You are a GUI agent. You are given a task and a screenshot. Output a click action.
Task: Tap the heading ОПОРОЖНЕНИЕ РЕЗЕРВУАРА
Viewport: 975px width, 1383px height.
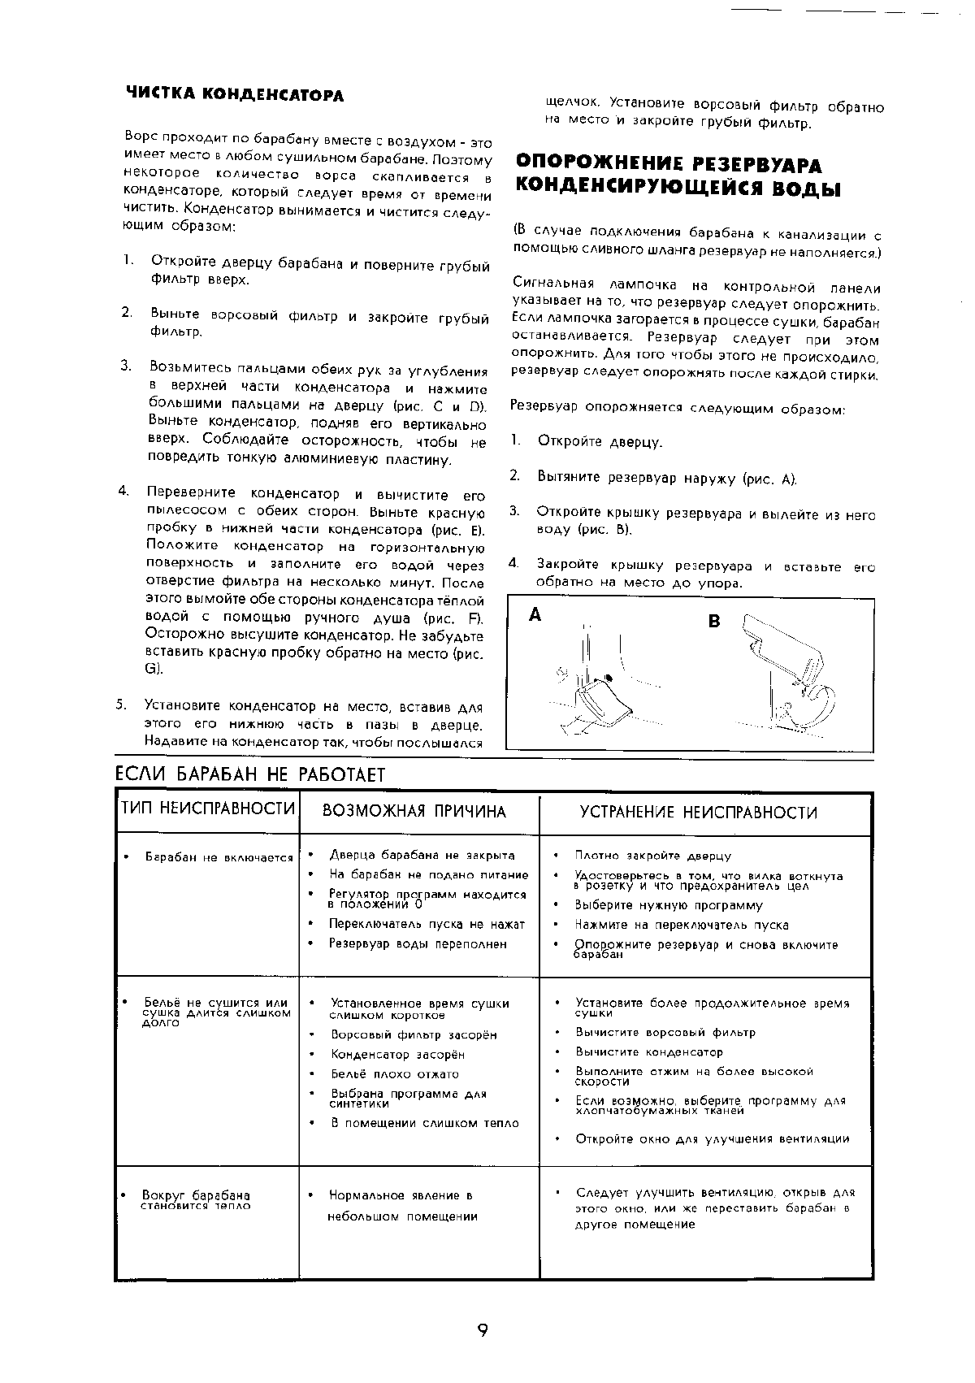point(669,165)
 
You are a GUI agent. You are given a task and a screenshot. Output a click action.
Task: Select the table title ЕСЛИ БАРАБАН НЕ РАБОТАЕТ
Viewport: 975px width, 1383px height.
point(249,774)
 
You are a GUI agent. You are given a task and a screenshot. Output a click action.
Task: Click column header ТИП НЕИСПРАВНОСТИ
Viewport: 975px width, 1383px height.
point(207,809)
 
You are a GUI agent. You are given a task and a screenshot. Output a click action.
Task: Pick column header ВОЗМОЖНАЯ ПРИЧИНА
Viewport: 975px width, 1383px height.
point(414,812)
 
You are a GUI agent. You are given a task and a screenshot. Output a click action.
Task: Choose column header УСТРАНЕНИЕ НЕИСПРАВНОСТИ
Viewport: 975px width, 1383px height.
point(698,813)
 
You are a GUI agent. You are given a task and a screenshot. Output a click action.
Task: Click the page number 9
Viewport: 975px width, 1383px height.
point(483,1330)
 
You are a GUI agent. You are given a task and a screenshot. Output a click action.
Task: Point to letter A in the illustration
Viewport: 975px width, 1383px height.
point(535,615)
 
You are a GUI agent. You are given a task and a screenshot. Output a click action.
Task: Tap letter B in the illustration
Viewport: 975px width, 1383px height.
point(714,622)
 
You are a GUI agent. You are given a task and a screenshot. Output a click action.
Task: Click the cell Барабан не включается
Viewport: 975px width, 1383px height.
point(218,857)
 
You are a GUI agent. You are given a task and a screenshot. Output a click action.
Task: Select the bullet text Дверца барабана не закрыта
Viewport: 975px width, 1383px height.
point(421,855)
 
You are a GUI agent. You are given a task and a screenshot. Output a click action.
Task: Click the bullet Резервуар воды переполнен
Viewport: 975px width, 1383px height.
point(417,944)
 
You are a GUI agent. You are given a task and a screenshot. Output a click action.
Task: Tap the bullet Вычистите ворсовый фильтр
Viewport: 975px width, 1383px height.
point(665,1033)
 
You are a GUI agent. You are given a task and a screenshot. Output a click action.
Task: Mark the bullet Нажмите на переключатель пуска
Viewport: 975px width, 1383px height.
point(681,925)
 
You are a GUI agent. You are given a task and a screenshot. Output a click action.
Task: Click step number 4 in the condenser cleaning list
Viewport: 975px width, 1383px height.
point(123,490)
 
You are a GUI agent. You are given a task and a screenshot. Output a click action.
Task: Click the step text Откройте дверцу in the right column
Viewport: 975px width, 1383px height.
point(600,443)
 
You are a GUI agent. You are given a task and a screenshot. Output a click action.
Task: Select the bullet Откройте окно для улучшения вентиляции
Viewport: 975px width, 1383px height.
point(712,1139)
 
